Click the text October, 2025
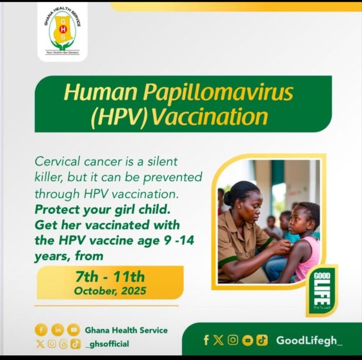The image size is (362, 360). pos(110,290)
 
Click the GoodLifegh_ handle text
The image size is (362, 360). pos(309,340)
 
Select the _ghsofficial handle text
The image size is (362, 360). pos(107,344)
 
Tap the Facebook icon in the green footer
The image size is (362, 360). pos(206,340)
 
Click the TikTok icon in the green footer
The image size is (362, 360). pos(262,340)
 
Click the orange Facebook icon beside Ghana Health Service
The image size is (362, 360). pos(41,330)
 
